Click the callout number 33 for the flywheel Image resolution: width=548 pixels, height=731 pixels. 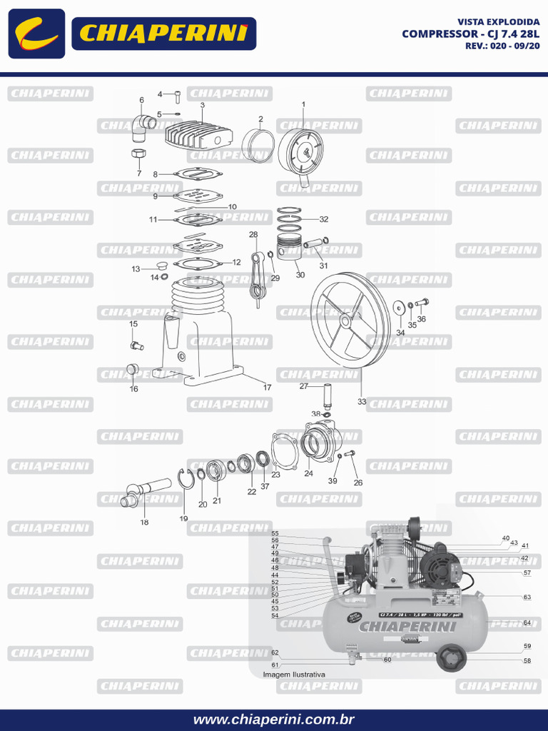[x=362, y=402]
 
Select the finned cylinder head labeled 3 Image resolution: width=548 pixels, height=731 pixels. [x=200, y=136]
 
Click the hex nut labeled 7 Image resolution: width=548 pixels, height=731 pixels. [x=139, y=154]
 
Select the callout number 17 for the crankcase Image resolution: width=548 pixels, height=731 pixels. [x=268, y=388]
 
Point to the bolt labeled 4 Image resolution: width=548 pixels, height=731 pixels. [x=176, y=95]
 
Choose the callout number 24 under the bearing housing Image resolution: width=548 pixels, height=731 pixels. [x=308, y=473]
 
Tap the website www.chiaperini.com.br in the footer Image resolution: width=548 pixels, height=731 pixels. [x=274, y=720]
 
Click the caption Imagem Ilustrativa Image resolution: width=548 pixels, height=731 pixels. [x=294, y=674]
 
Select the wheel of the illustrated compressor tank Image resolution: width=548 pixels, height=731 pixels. [x=450, y=658]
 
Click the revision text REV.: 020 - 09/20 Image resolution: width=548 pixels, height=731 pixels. [x=502, y=45]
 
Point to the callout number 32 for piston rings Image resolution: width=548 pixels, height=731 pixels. [x=324, y=219]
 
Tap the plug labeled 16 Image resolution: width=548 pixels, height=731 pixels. [x=131, y=370]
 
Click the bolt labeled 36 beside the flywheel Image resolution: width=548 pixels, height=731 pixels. [x=421, y=303]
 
